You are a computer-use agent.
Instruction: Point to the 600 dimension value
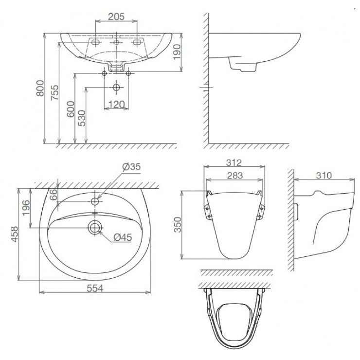pyautogui.click(x=71, y=108)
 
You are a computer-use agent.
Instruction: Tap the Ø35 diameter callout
pyautogui.click(x=131, y=167)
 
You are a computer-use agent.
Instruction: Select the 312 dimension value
pyautogui.click(x=234, y=162)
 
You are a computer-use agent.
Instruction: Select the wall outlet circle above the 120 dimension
pyautogui.click(x=116, y=88)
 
